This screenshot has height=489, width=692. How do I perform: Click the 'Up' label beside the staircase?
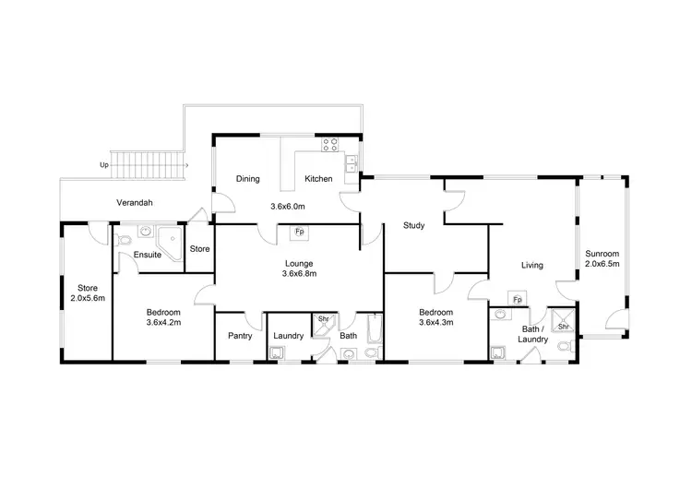click(x=103, y=166)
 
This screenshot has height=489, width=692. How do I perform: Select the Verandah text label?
click(x=134, y=202)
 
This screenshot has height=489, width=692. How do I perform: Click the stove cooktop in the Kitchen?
click(x=329, y=144)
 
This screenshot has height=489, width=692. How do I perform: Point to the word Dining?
click(x=248, y=179)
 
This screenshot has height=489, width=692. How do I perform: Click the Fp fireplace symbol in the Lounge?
click(x=299, y=232)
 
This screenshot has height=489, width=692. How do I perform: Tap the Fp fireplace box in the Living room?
click(x=517, y=300)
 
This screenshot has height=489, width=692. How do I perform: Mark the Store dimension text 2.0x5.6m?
click(x=88, y=298)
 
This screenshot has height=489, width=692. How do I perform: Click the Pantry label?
click(x=239, y=336)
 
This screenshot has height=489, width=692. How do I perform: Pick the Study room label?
click(x=413, y=225)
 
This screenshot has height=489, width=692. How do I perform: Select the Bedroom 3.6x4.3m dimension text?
click(x=436, y=323)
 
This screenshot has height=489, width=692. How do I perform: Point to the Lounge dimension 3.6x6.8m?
click(x=299, y=273)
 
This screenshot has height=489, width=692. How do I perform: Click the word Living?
click(x=531, y=266)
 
